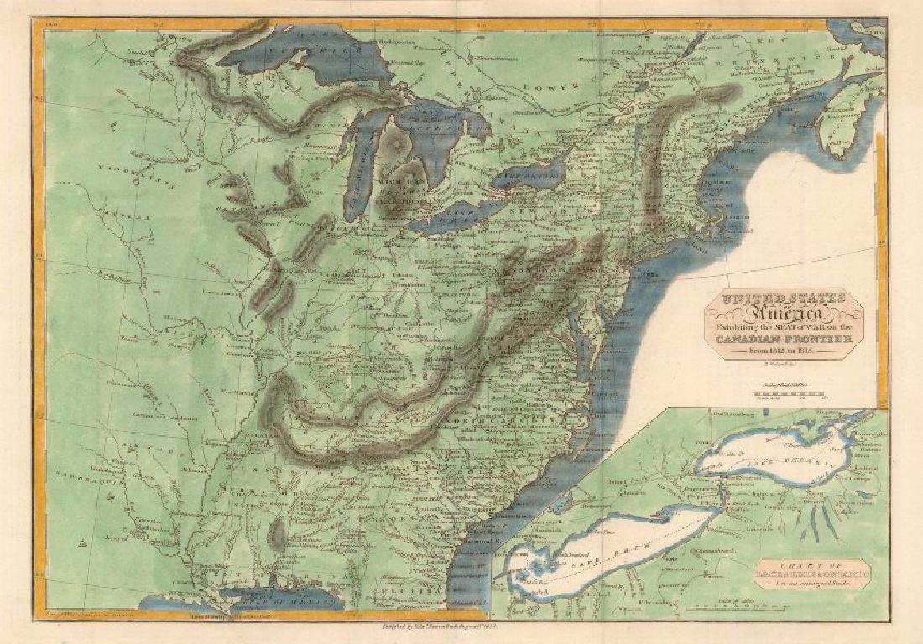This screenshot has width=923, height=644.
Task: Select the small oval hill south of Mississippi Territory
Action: [276, 533]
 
